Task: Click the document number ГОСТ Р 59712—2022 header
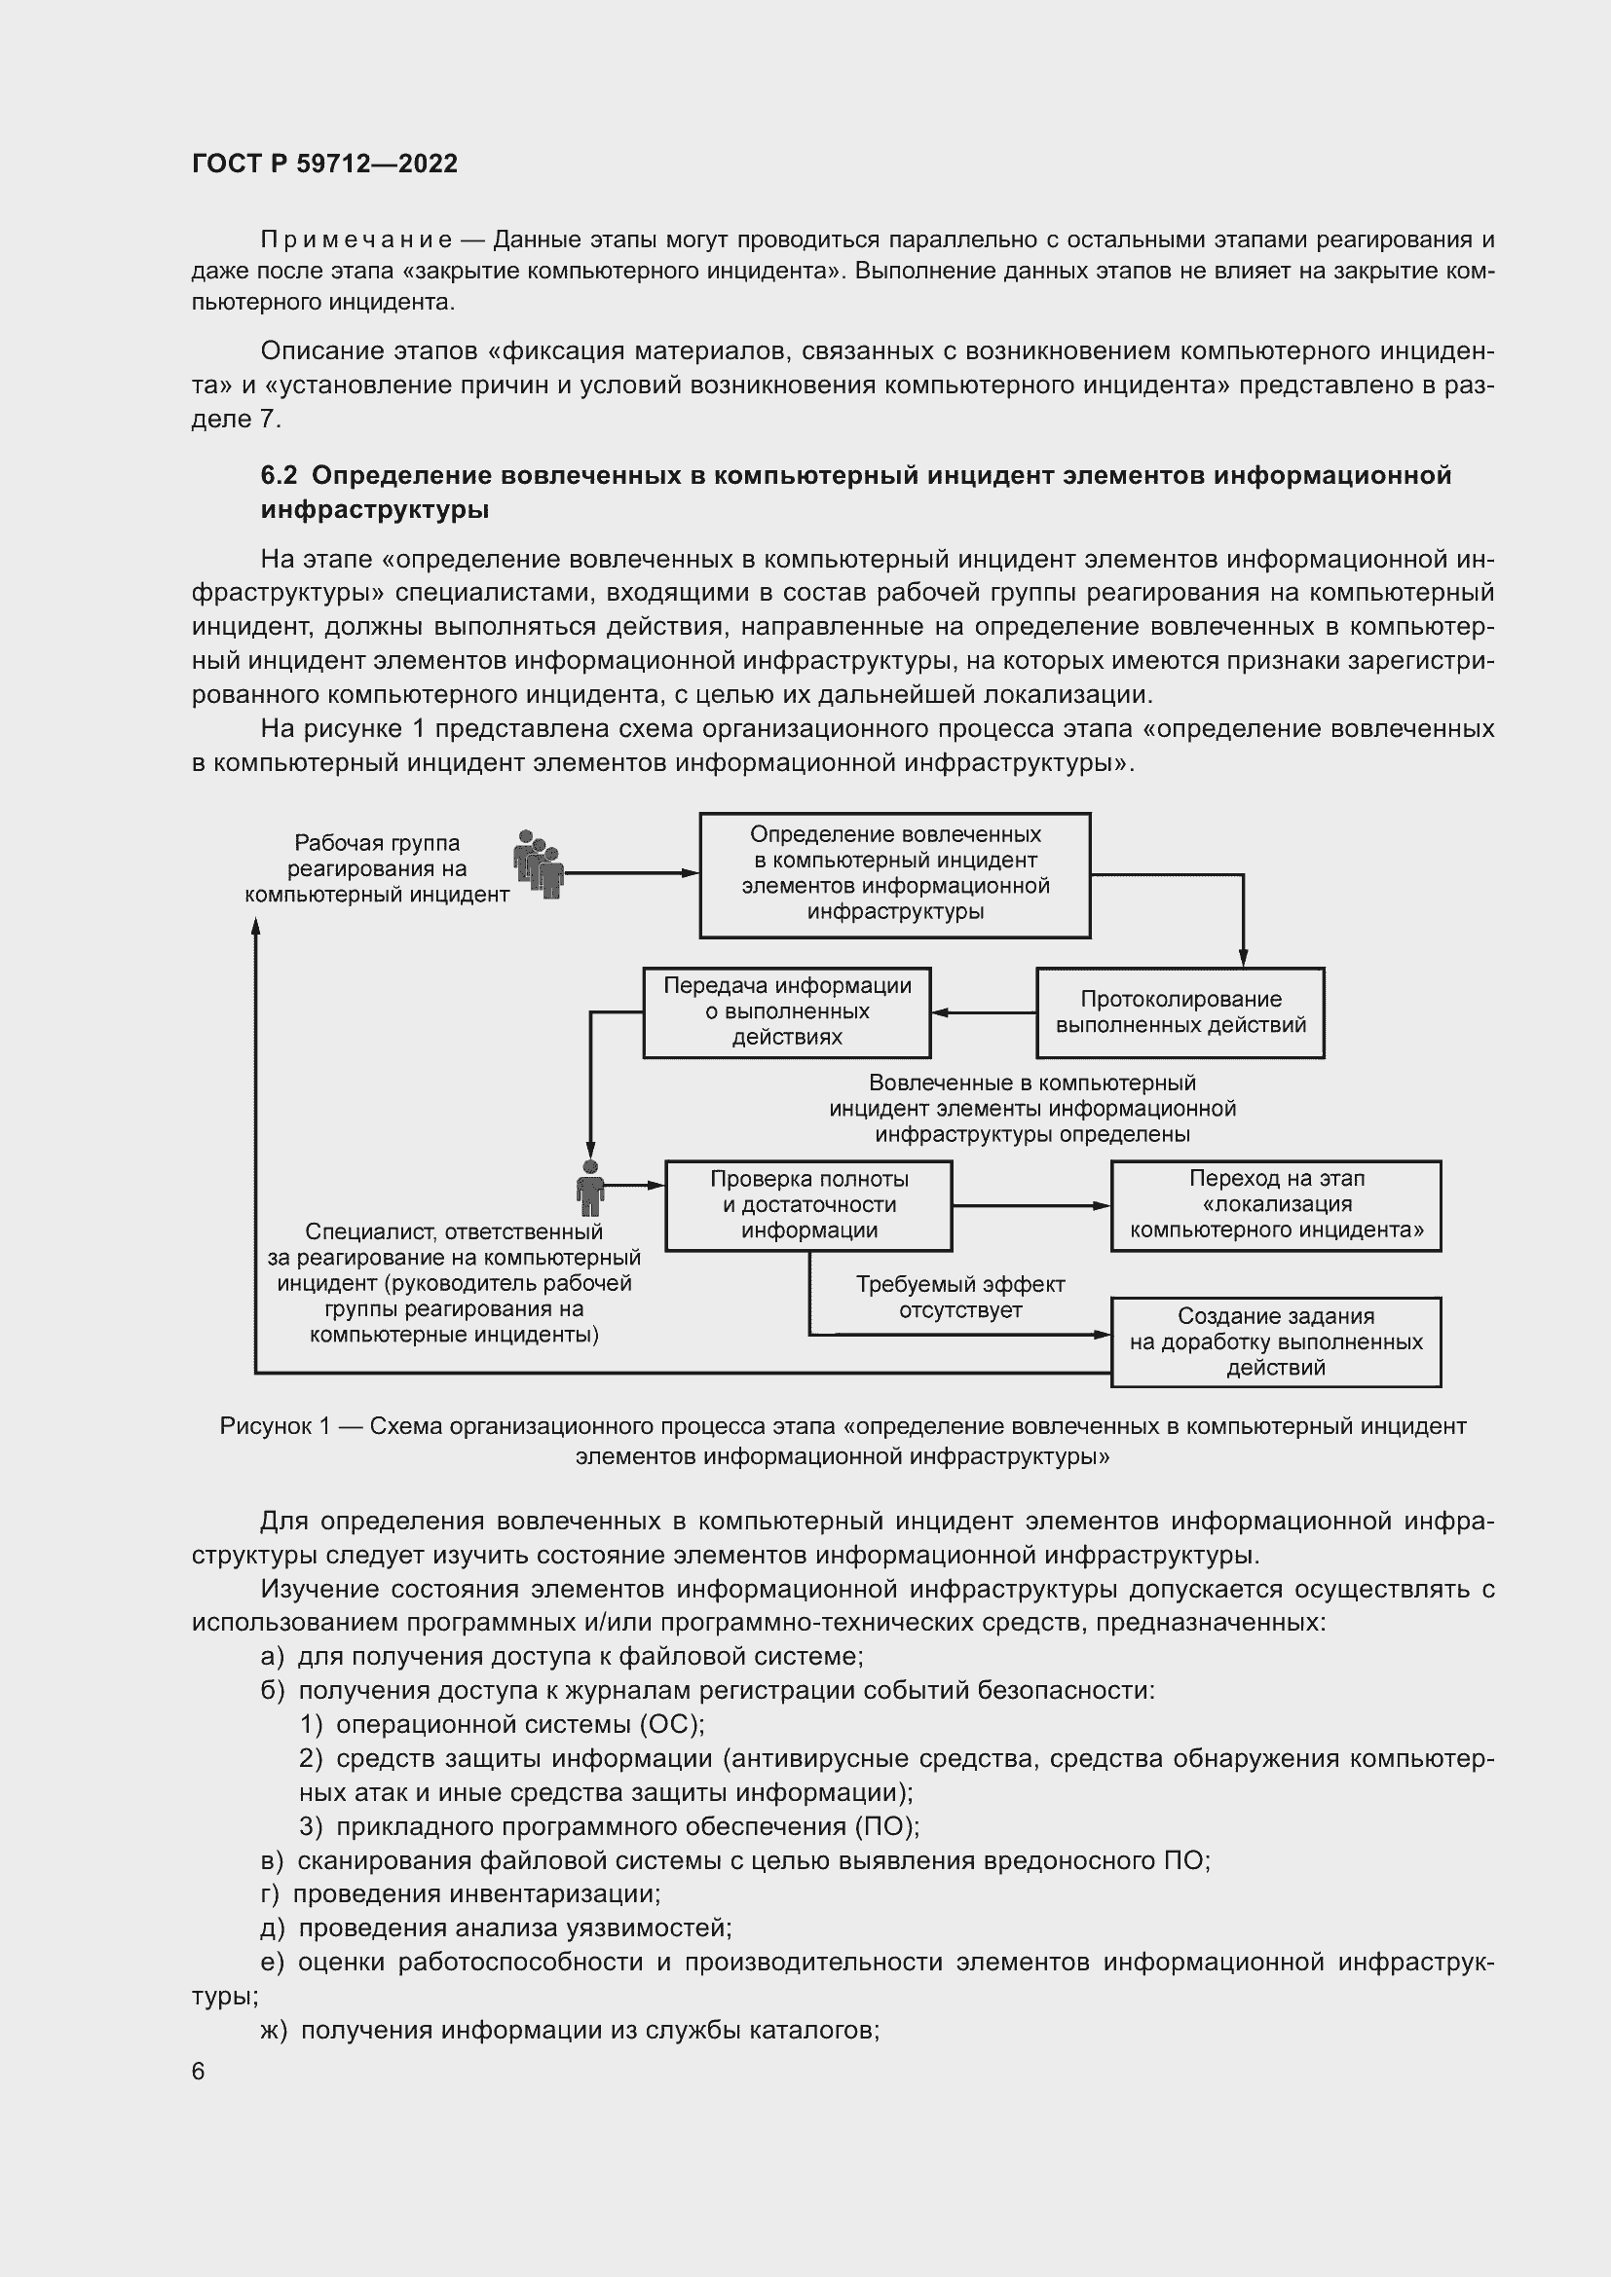click(x=324, y=164)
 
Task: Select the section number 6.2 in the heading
click(x=279, y=476)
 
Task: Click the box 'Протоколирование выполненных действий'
click(x=1180, y=1012)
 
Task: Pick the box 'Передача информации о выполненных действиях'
click(x=787, y=1011)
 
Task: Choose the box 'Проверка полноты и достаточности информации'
click(x=808, y=1205)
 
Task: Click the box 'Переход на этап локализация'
click(x=1276, y=1205)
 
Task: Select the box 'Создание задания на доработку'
click(x=1276, y=1341)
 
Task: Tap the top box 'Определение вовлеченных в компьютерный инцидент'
click(x=895, y=875)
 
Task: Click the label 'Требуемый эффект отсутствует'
click(x=959, y=1297)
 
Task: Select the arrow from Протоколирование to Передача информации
click(x=983, y=1012)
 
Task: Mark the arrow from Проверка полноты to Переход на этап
click(x=1030, y=1206)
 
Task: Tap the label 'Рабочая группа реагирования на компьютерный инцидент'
click(x=377, y=868)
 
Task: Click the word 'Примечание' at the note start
click(x=356, y=240)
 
